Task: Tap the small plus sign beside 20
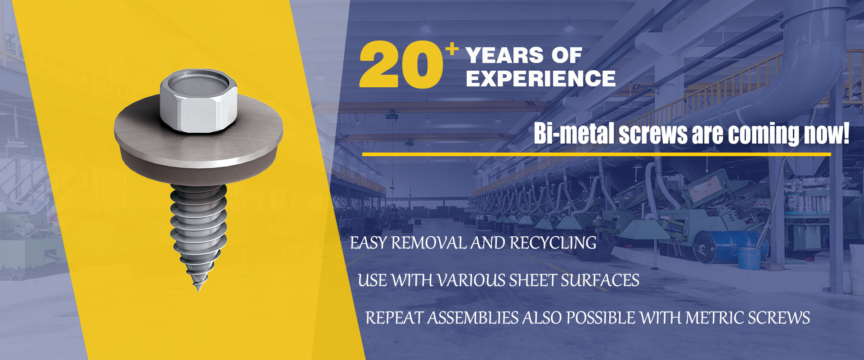pos(452,48)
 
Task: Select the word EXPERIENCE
pos(540,79)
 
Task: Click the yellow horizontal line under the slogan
pos(596,154)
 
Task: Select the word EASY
pos(368,243)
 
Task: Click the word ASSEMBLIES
pos(473,318)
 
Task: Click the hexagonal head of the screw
pos(198,101)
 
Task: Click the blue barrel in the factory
pos(720,245)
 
